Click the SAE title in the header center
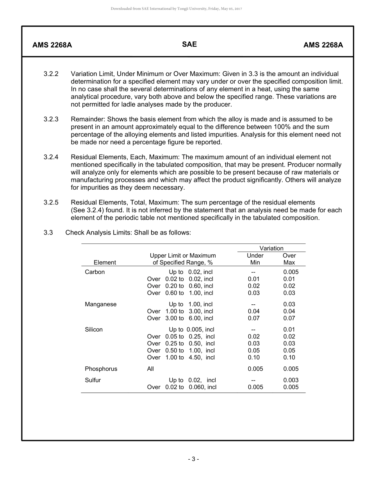point(189,44)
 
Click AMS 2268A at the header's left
point(52,45)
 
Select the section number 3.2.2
point(51,74)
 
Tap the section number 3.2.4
point(51,157)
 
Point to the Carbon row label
point(95,272)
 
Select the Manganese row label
point(100,304)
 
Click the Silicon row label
point(94,330)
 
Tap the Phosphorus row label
point(101,369)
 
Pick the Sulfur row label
point(93,380)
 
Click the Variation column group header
point(271,248)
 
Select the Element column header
point(105,263)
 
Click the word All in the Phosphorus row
point(150,369)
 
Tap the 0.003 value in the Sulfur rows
point(291,380)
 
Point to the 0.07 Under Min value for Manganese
point(254,318)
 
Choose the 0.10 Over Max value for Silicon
point(289,357)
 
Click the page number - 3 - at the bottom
point(193,459)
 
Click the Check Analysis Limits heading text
point(99,233)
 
